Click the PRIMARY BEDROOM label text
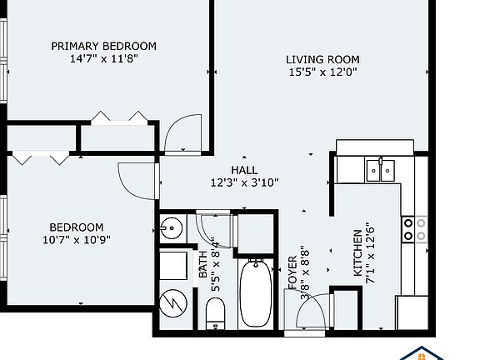[x=103, y=46]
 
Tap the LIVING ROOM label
[x=322, y=59]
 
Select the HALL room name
[x=244, y=170]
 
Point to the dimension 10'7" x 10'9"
[x=76, y=240]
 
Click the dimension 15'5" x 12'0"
[x=322, y=72]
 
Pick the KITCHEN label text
[x=357, y=253]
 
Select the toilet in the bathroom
[x=215, y=314]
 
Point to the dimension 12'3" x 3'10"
[x=244, y=182]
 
